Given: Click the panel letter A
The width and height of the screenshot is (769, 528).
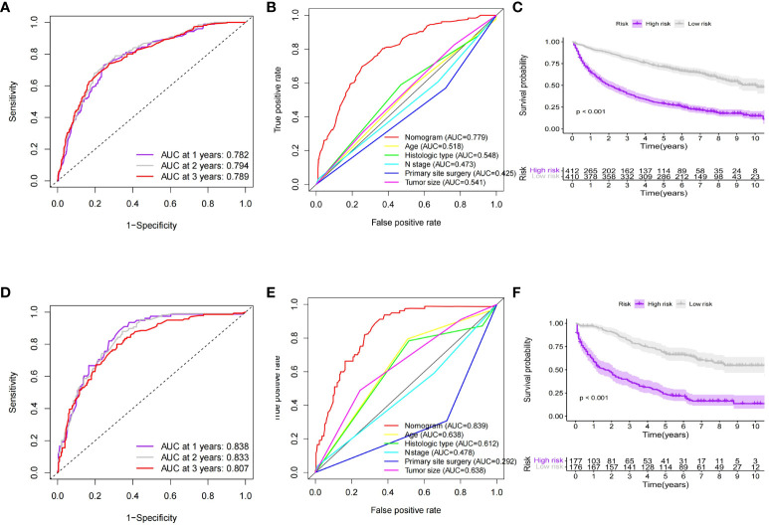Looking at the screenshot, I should [x=9, y=8].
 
